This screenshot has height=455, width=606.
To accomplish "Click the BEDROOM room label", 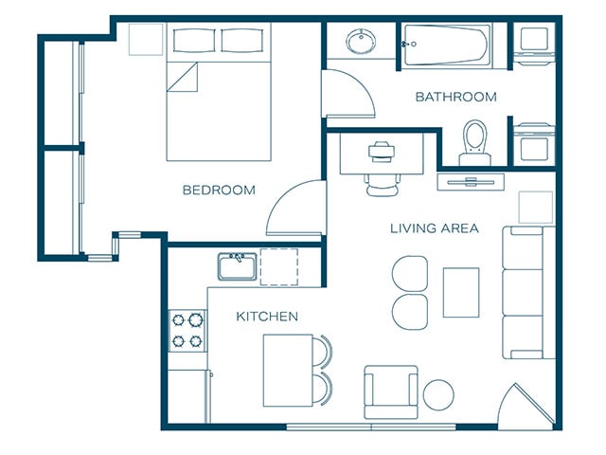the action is pos(219,190).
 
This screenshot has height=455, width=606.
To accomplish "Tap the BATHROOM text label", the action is pos(456,97).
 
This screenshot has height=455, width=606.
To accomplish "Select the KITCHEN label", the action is pos(267,317).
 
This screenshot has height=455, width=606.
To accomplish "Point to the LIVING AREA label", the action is pos(435,228).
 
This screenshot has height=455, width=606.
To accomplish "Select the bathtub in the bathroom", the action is pos(446,45).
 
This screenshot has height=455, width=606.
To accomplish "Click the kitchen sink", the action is pos(238,266).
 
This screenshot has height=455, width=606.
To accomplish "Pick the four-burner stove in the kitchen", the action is pos(187,331).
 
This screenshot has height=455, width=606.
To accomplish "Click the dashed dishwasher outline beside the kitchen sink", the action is pos(279,267).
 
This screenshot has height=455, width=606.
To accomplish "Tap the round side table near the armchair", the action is pos(438,395).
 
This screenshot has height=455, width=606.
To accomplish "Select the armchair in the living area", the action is pos(391,391).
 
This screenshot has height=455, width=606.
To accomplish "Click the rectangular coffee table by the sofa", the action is pos(461,293).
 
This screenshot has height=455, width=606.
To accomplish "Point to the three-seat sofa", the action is pos(528,293).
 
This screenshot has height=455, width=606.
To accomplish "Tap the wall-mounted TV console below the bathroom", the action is pos(471,182).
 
